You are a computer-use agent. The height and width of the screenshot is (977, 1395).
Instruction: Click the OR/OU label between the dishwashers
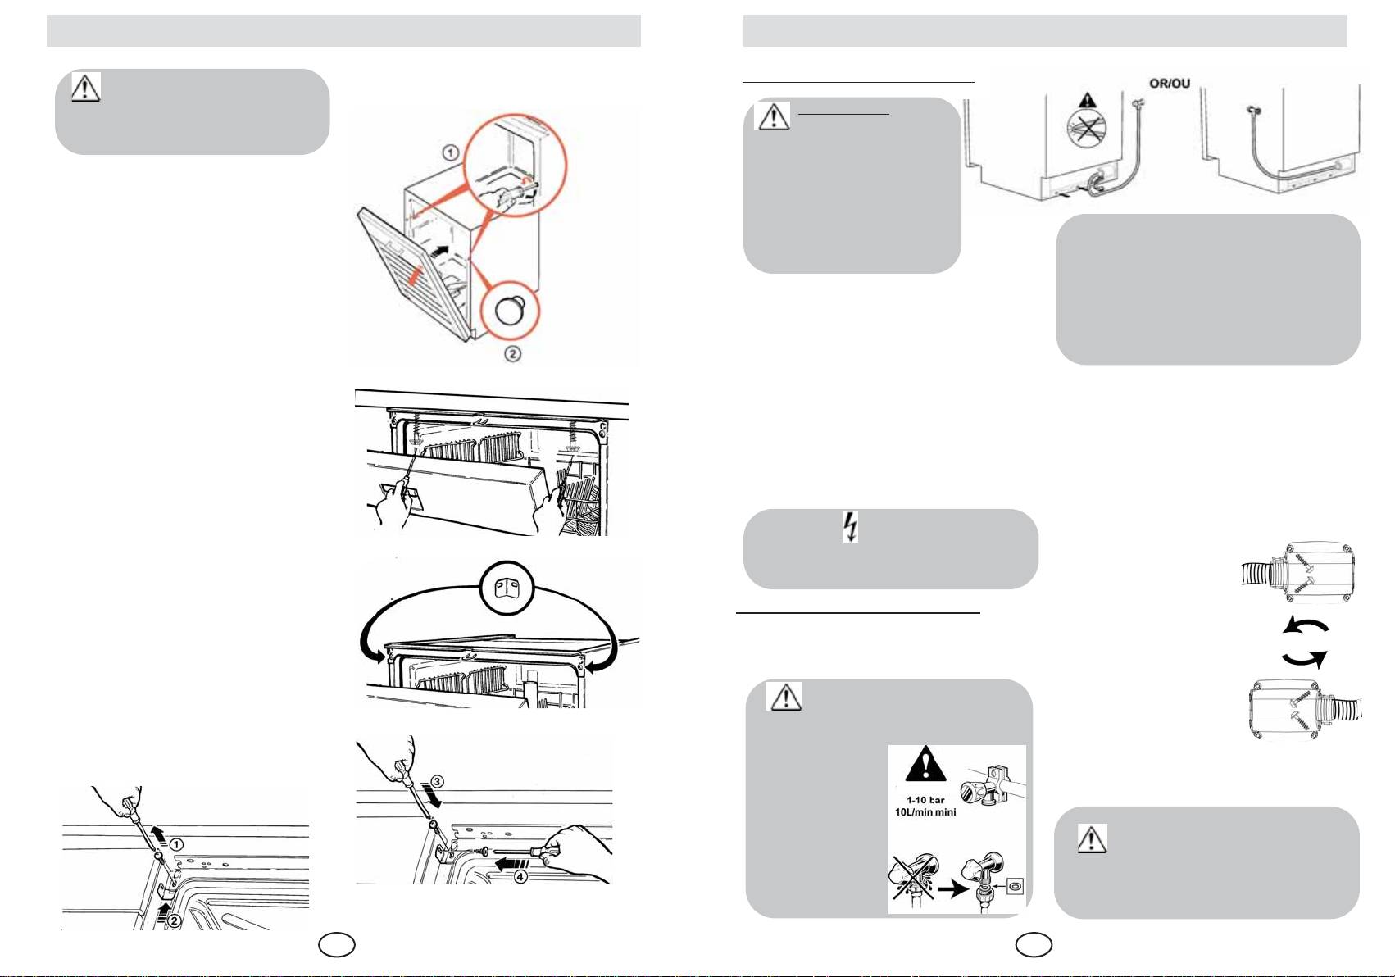click(x=1169, y=84)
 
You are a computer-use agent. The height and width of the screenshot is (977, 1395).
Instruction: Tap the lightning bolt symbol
click(x=852, y=527)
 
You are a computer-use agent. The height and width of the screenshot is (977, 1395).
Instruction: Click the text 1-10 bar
click(x=925, y=800)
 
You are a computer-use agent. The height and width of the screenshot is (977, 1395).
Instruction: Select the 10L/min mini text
click(x=925, y=812)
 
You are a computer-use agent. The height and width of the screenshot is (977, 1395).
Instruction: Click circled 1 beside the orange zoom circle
click(x=450, y=152)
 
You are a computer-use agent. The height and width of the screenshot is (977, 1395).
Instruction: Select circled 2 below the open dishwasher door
click(x=512, y=354)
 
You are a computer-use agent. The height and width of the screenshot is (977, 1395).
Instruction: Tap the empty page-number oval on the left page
click(x=337, y=945)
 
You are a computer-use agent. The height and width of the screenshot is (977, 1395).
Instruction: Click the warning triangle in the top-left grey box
click(x=85, y=87)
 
